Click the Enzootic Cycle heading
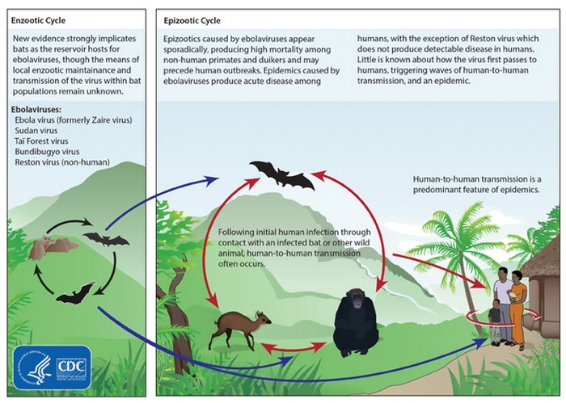pos(38,20)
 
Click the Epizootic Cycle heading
pos(192,20)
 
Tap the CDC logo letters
pos(71,367)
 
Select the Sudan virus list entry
pos(36,131)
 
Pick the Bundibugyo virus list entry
pos(47,151)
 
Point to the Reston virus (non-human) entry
pos(62,162)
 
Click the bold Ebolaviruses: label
pos(36,110)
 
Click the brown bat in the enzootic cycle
pos(52,247)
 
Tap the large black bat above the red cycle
pos(282,175)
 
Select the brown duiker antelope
pos(239,328)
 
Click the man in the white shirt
pos(504,303)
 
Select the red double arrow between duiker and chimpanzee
pos(293,348)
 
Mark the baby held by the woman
pos(513,296)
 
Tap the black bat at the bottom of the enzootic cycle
pos(75,294)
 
